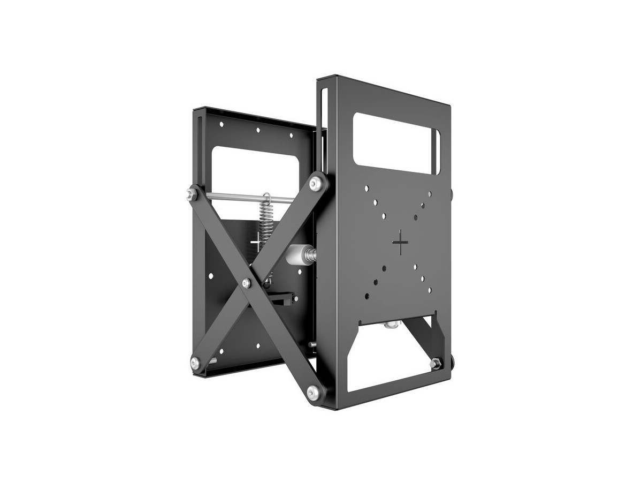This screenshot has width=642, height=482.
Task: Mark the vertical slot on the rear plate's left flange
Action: (201, 139)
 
